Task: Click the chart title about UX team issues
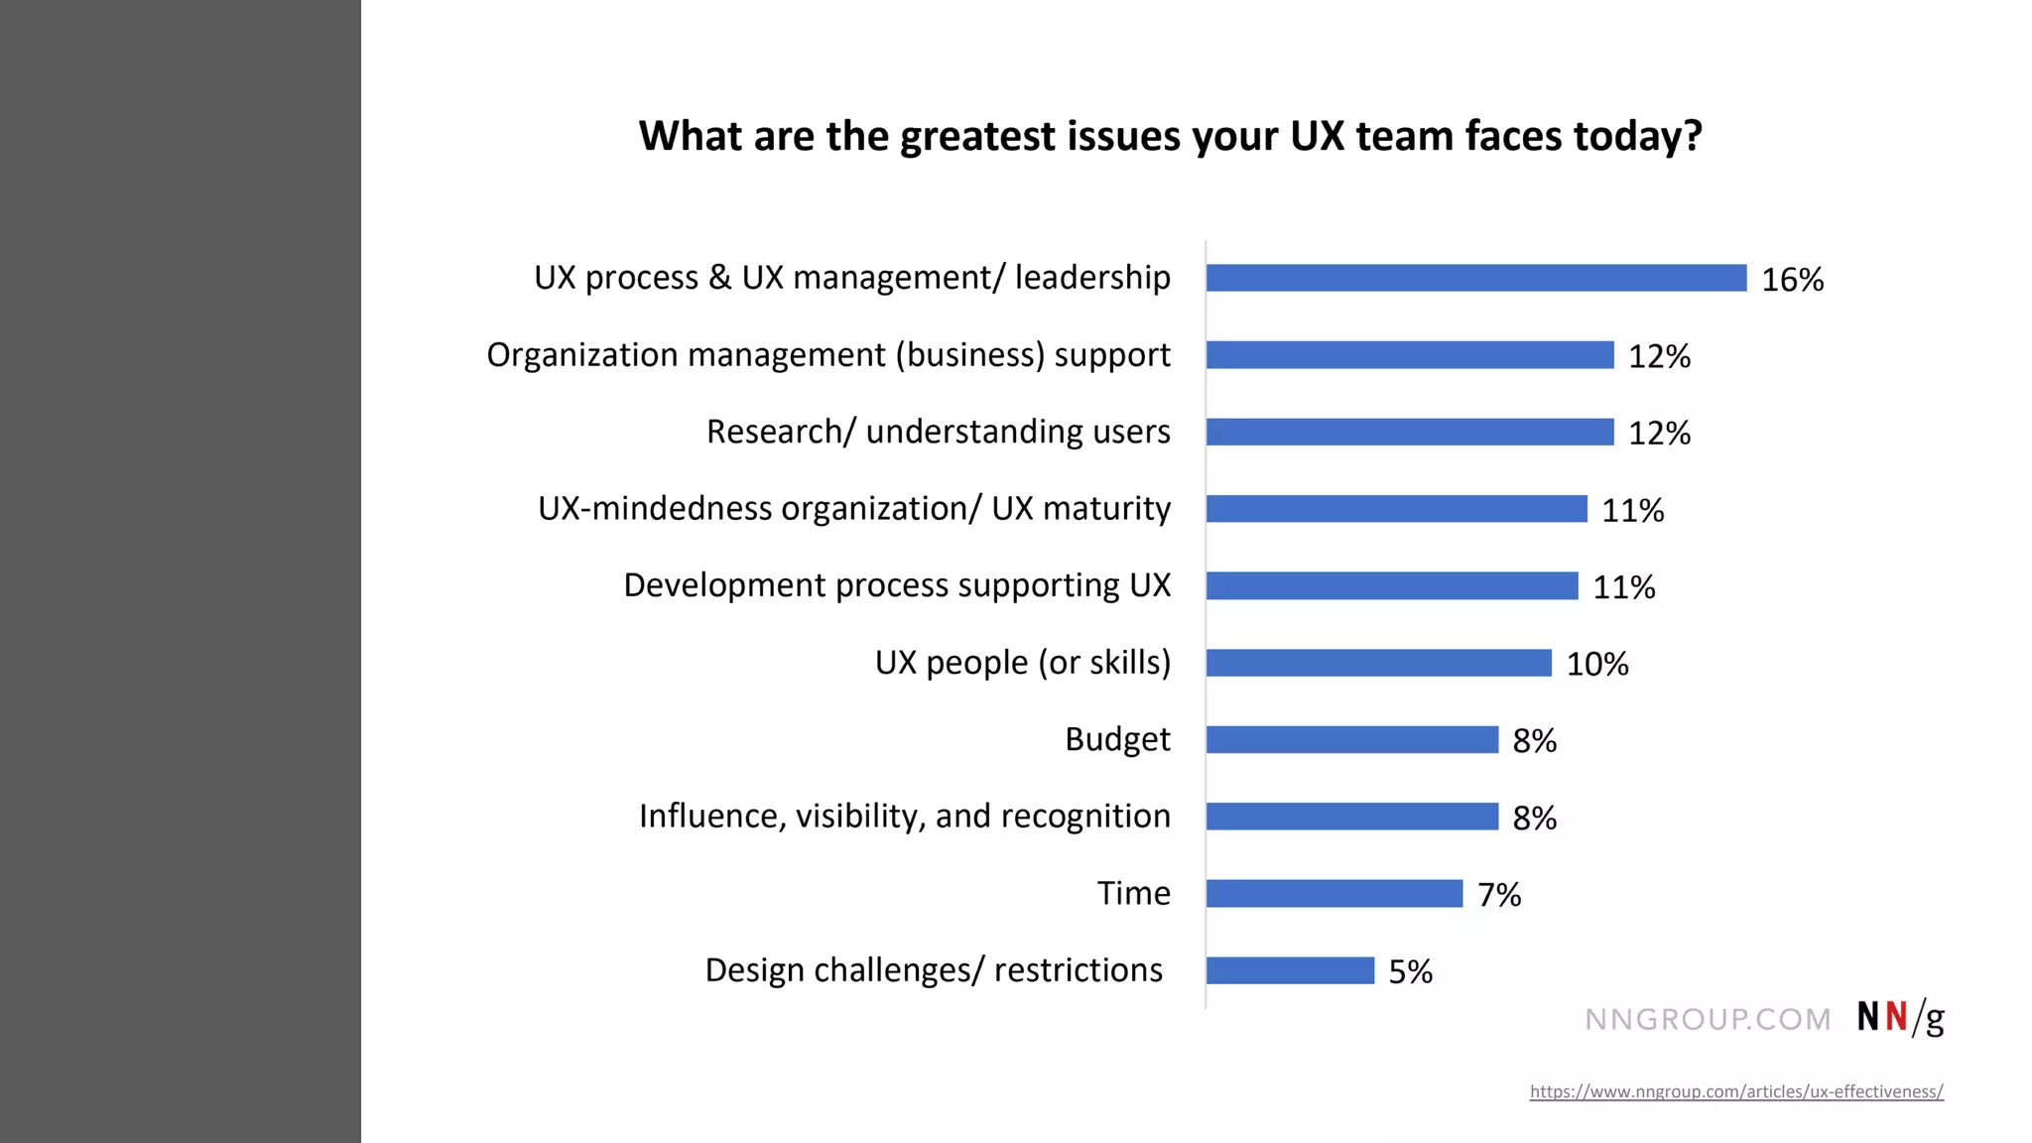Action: click(1170, 136)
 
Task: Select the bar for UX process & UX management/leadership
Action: click(1475, 278)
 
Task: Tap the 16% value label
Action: click(1792, 280)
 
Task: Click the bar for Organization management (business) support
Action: click(1409, 355)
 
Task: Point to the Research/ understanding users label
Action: click(938, 432)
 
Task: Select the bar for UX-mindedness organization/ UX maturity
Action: click(1396, 509)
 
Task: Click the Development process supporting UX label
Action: click(896, 585)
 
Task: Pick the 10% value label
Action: click(1596, 664)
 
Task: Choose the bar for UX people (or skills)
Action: click(1378, 663)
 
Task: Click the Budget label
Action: click(1117, 739)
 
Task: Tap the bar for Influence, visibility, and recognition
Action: click(1351, 817)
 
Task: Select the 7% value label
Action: click(1498, 895)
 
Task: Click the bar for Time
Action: click(1333, 894)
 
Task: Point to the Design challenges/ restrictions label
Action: click(933, 970)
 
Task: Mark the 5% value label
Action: click(1410, 971)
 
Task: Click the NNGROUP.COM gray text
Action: click(1707, 1019)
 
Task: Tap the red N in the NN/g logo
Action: click(1896, 1017)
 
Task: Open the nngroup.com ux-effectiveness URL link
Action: click(1735, 1091)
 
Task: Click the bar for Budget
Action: click(1351, 740)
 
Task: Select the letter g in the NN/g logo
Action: click(1934, 1020)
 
